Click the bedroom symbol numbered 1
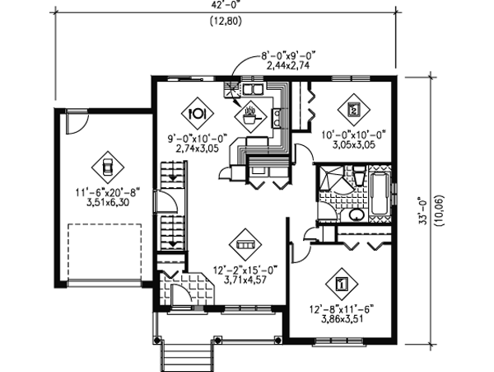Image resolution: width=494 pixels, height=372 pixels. click(x=340, y=285)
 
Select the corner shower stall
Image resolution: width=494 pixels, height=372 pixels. click(x=330, y=180)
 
